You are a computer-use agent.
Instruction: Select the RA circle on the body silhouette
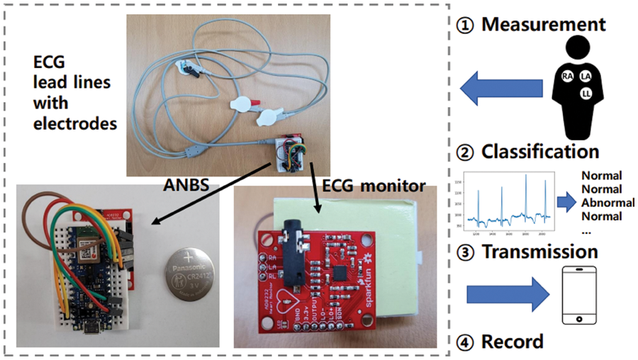(x=567, y=75)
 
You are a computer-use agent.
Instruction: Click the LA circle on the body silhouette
(x=586, y=75)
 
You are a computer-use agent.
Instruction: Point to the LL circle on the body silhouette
(x=586, y=94)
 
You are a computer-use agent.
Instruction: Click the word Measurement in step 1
(x=544, y=24)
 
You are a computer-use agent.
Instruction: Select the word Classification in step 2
(x=540, y=151)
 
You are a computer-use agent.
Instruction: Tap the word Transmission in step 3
(x=539, y=251)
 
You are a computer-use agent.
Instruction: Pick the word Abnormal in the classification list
(x=602, y=203)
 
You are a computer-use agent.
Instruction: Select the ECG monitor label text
(x=374, y=186)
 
